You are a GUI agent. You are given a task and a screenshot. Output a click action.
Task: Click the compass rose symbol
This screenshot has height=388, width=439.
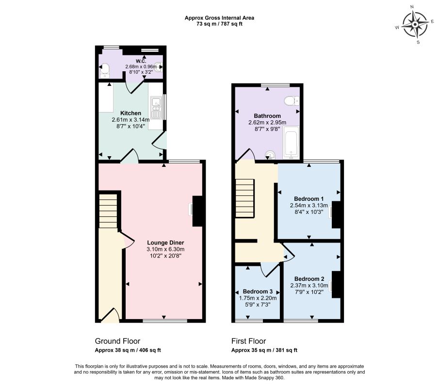click(415, 24)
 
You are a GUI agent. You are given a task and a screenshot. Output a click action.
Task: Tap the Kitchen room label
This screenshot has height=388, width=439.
click(130, 113)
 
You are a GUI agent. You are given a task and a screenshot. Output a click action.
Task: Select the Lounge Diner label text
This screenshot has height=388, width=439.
click(165, 242)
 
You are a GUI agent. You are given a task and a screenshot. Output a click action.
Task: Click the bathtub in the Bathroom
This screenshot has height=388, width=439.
click(291, 142)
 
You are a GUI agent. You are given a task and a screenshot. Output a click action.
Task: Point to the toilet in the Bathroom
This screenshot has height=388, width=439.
click(292, 101)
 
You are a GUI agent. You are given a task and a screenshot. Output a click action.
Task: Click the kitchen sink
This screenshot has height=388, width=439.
click(155, 108)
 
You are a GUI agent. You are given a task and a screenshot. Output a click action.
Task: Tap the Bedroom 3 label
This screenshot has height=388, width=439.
click(258, 291)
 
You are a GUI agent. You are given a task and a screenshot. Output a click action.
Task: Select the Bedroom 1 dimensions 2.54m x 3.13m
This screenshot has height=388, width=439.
click(309, 206)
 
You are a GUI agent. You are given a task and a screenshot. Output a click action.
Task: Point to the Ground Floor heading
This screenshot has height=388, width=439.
click(117, 341)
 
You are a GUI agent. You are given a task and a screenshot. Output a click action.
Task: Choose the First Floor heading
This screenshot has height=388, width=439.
click(249, 341)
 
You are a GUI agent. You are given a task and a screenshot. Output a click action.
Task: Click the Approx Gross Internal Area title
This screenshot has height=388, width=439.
click(219, 18)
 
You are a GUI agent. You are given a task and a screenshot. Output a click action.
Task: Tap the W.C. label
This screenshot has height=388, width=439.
click(141, 61)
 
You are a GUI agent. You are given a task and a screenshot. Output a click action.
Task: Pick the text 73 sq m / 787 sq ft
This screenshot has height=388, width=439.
click(219, 24)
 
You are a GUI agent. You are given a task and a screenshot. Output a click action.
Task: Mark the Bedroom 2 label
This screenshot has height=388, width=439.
click(309, 279)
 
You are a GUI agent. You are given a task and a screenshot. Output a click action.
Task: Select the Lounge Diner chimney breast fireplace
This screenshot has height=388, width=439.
click(197, 211)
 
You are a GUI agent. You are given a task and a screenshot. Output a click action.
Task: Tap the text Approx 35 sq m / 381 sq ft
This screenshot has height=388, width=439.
click(264, 350)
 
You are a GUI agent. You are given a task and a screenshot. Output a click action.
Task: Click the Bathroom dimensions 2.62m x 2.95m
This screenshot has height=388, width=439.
click(267, 122)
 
